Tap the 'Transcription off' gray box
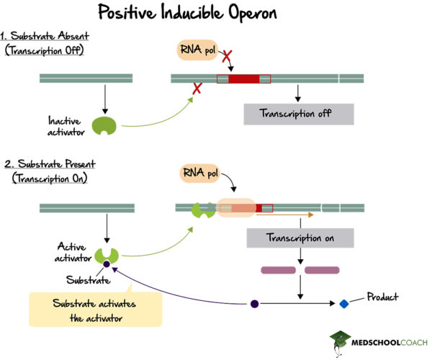click(x=298, y=114)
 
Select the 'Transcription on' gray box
click(x=300, y=238)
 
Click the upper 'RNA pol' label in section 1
click(x=197, y=50)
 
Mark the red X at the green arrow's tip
click(x=195, y=89)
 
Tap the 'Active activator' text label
click(x=72, y=253)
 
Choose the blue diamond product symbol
click(x=344, y=304)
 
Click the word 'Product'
click(x=383, y=297)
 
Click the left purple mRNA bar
click(x=278, y=271)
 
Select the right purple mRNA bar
click(x=322, y=271)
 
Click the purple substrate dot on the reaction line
click(x=254, y=304)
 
